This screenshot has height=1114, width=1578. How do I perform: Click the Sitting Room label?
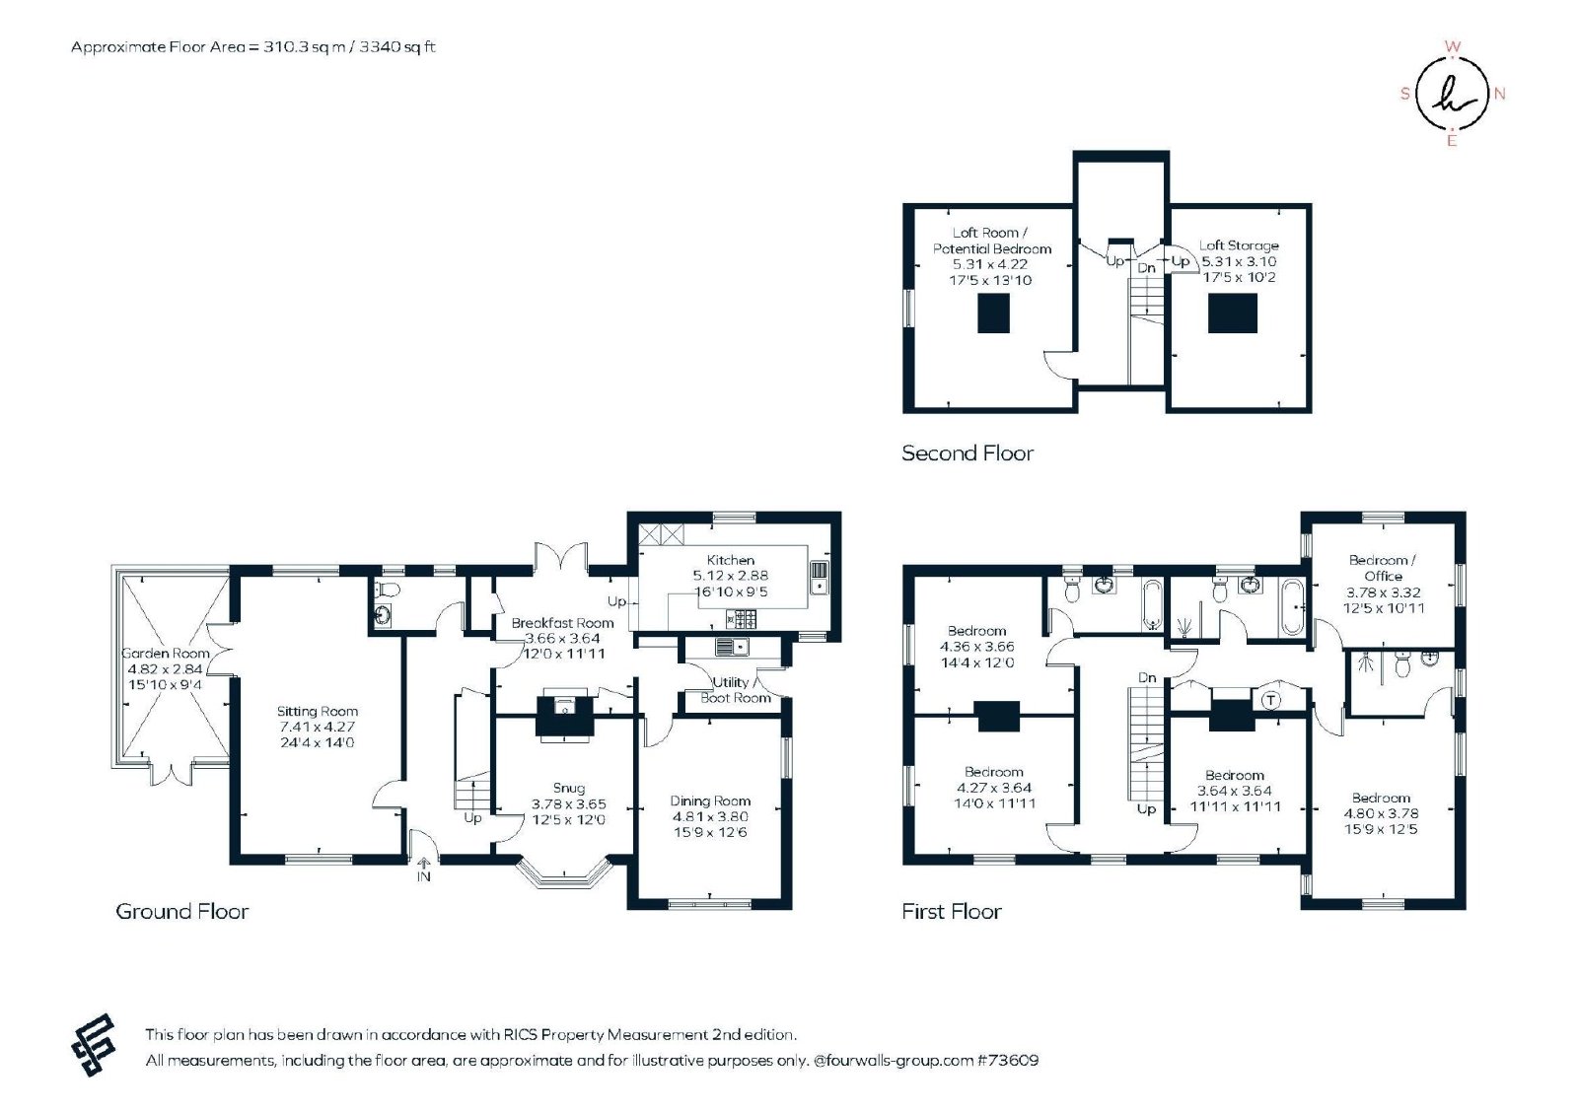(317, 711)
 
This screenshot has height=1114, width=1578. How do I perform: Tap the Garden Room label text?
(166, 653)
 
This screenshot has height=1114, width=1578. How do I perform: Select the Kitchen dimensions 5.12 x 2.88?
(731, 576)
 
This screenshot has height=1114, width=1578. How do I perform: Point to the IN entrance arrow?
(423, 863)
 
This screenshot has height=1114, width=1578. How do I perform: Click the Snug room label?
(568, 789)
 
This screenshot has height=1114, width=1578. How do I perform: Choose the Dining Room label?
(710, 801)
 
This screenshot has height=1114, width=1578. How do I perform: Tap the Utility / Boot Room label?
(736, 690)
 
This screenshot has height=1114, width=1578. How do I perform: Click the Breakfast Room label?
(562, 622)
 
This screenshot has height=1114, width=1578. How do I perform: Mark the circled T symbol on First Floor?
(1270, 700)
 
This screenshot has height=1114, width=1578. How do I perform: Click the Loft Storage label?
(1239, 245)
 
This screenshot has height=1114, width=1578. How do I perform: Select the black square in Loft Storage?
(1232, 313)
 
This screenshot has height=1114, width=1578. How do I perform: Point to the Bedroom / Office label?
(1383, 568)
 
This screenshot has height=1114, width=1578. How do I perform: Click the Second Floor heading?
(968, 453)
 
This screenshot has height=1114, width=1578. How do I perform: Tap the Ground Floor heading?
(181, 911)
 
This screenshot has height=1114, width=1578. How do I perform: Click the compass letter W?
(1452, 46)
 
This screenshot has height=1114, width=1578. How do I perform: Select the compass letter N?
(1499, 94)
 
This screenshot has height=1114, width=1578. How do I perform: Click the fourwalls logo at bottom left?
(94, 1045)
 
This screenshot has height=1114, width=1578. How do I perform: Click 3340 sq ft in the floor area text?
(397, 47)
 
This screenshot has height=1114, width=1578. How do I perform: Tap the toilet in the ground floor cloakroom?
(387, 589)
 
